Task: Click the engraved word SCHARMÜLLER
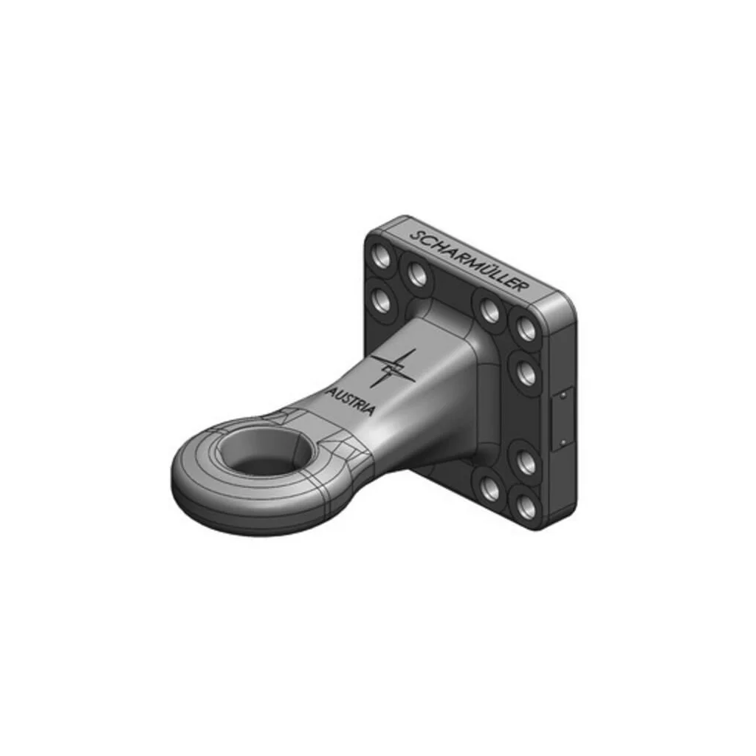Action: (469, 262)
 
